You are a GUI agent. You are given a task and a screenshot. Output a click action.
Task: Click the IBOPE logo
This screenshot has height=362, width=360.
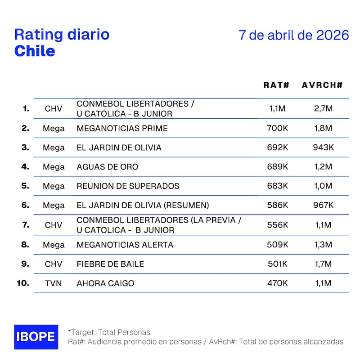coord(36,337)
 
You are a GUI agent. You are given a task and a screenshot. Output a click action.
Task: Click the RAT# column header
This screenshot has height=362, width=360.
coord(276,85)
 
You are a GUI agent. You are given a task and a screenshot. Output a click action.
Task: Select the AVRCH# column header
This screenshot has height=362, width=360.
coord(322,85)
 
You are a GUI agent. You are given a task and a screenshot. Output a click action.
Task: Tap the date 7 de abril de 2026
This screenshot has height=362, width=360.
coord(294,36)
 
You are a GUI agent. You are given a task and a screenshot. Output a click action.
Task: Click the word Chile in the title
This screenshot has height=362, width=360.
coord(35,51)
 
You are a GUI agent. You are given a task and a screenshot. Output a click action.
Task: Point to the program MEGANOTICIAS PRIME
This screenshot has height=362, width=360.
coord(122,128)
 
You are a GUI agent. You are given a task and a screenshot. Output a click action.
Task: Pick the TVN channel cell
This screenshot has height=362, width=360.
coord(54,283)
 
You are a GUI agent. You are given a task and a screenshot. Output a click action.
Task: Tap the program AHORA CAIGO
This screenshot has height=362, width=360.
coord(105,283)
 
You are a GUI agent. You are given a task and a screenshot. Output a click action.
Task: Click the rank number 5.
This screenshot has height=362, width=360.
coord(26,186)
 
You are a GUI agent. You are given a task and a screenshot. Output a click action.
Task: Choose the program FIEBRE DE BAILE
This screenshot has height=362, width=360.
coord(110,264)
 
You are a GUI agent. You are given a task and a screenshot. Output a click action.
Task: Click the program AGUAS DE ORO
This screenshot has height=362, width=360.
coord(108,167)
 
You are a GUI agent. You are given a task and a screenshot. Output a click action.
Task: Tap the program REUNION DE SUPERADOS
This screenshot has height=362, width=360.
coord(128,186)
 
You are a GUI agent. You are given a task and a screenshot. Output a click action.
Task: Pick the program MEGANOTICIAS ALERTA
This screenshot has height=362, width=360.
coord(125,245)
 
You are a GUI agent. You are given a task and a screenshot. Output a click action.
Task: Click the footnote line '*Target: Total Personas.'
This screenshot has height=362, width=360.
coord(110,332)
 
